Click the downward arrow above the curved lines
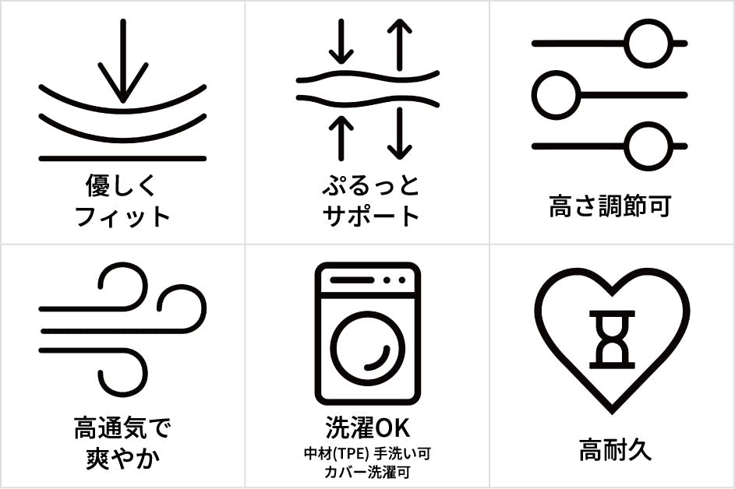(123, 61)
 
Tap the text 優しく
(121, 185)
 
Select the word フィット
(122, 216)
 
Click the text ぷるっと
(370, 185)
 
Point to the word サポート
(370, 216)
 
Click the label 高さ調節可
(610, 206)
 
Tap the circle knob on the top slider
(648, 44)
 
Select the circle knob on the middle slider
(557, 95)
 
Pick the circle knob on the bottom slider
(648, 146)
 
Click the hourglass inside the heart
(612, 339)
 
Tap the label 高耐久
(615, 449)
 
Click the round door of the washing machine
(368, 349)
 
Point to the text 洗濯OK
(368, 428)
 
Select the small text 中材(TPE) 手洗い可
(368, 454)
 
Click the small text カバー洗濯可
(368, 472)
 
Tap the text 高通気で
(122, 428)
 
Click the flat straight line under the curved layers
(123, 159)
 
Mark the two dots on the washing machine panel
(394, 280)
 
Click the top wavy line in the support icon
(368, 76)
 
